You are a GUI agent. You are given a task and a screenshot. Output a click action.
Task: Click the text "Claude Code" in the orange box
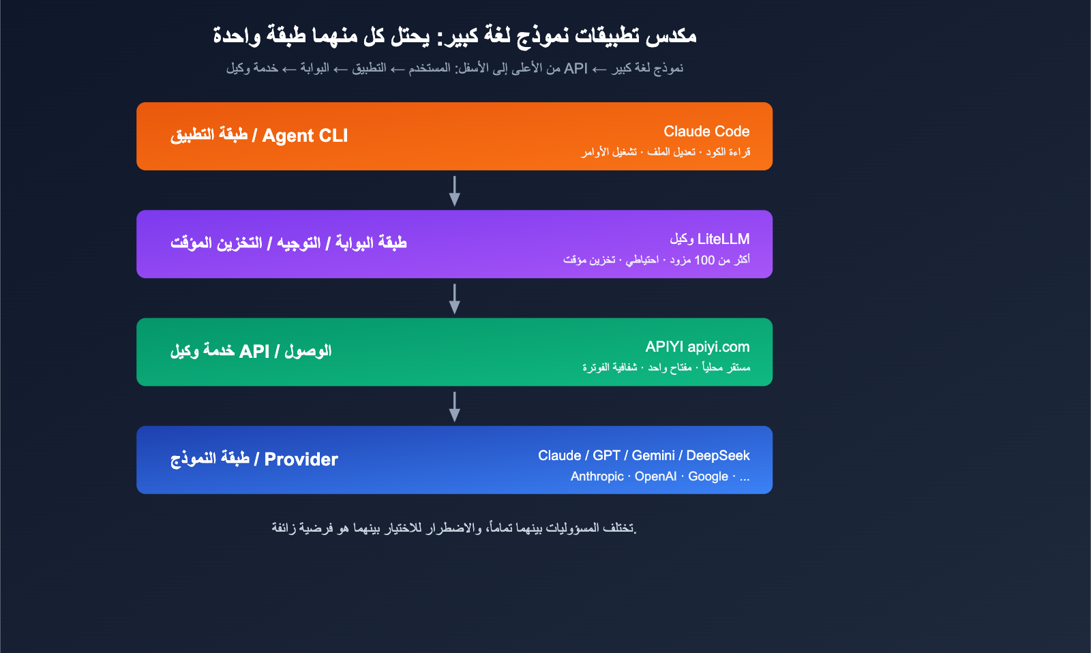[706, 132]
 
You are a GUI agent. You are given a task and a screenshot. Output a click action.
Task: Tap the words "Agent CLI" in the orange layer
[305, 136]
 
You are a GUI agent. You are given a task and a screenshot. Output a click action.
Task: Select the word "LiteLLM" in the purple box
[723, 239]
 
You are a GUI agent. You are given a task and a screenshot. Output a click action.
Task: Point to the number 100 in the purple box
[704, 260]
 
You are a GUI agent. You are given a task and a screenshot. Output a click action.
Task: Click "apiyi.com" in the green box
[718, 347]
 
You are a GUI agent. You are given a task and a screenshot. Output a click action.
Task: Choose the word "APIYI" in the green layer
[664, 347]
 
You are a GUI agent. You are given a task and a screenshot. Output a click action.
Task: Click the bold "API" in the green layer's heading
[254, 352]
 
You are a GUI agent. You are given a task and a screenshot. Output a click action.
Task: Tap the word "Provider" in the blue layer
[301, 459]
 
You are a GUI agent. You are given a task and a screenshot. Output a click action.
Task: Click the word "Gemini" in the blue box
[653, 455]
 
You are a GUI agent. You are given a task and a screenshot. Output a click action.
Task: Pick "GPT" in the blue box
[606, 455]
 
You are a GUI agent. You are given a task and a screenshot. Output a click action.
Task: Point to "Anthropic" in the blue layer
[597, 476]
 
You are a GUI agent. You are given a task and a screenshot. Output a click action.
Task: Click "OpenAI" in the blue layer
[655, 476]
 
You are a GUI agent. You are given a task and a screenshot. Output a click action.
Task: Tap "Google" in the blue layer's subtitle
[708, 476]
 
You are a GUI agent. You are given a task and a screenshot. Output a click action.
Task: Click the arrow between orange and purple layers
[454, 191]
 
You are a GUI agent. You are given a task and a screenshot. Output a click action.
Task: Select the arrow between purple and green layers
[454, 299]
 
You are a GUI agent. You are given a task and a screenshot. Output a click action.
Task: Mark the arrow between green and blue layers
[454, 406]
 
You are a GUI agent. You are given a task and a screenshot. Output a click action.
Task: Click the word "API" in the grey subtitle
[576, 68]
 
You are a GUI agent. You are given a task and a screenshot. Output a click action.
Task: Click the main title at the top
[454, 35]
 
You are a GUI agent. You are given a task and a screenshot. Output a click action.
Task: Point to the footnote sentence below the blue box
[454, 528]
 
